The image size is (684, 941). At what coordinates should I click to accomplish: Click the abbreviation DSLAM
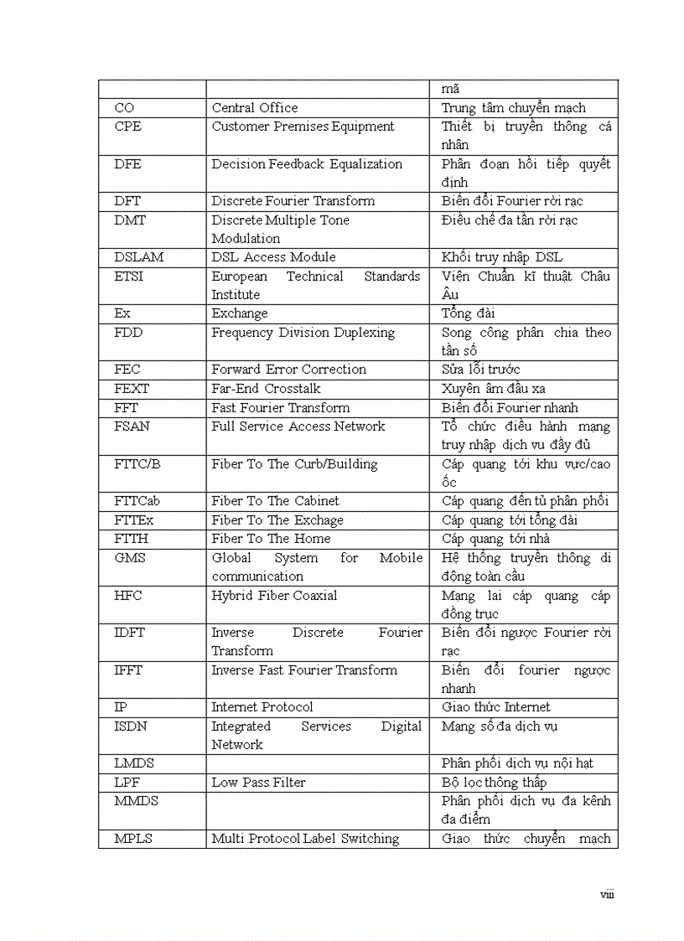138,257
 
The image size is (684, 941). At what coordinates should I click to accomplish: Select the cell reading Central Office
254,108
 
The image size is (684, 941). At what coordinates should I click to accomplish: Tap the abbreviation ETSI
128,277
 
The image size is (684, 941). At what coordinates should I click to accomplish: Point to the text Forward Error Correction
288,370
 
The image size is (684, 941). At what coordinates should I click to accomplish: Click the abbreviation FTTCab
137,501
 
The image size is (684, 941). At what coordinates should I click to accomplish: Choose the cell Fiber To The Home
271,539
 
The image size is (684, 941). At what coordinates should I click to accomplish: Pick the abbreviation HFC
128,596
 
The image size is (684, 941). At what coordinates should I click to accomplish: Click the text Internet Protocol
262,707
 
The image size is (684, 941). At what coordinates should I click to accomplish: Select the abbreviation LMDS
134,763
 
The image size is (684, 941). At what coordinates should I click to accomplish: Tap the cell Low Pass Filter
258,783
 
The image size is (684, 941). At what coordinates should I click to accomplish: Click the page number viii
607,895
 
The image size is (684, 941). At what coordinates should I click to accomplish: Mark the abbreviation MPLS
133,839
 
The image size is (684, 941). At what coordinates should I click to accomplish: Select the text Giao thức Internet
496,707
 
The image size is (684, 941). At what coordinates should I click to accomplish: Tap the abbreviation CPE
128,127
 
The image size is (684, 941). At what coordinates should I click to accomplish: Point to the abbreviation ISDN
131,726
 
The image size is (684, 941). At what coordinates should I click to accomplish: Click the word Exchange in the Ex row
240,313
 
